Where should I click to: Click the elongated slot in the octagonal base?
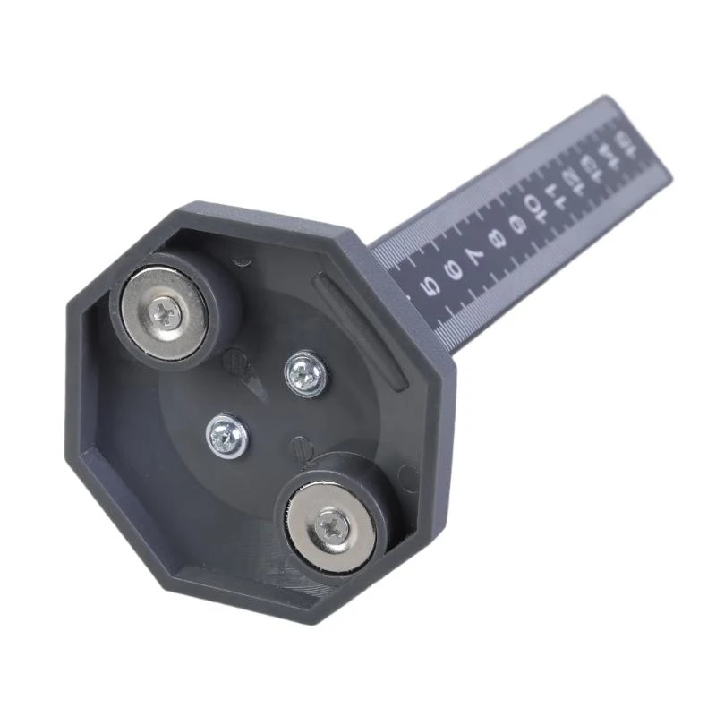(x=362, y=331)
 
